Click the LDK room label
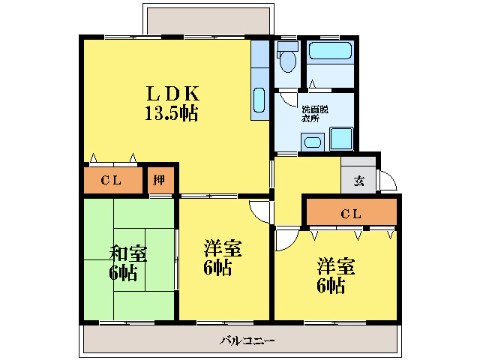point(172,94)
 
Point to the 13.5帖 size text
point(172,114)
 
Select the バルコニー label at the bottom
point(247,340)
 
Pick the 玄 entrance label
point(359,181)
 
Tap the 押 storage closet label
point(160,180)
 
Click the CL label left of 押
point(112,180)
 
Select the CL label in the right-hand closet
point(351,214)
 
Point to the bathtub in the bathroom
point(330,52)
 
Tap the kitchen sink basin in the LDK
point(259,100)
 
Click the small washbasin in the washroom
point(311,142)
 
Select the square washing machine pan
point(341,139)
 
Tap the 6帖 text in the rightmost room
point(331,285)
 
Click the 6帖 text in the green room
point(123,272)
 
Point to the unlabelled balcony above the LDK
point(196,21)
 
